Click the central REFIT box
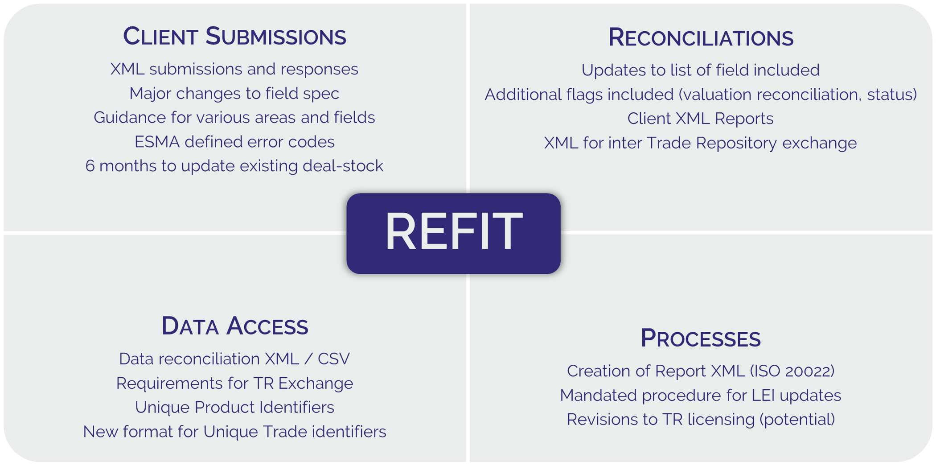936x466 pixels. [x=453, y=233]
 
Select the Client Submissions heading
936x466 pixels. [x=234, y=37]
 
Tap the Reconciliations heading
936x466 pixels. [x=700, y=38]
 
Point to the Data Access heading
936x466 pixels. [x=234, y=326]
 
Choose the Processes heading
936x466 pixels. [x=700, y=338]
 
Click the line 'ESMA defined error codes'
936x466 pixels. [x=234, y=142]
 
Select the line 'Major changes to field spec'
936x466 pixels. [x=234, y=94]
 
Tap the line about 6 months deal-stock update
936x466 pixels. [x=234, y=166]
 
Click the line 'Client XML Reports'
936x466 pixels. [x=700, y=119]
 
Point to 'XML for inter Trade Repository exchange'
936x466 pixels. [x=700, y=143]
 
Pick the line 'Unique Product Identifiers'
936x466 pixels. [x=234, y=407]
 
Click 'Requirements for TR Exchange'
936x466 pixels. [x=234, y=383]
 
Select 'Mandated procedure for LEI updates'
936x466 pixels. [x=700, y=395]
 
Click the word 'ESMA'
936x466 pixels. [x=157, y=142]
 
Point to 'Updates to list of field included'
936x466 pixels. [x=700, y=70]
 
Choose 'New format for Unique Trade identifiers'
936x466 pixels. [x=234, y=432]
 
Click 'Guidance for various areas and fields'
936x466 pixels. [x=234, y=118]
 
